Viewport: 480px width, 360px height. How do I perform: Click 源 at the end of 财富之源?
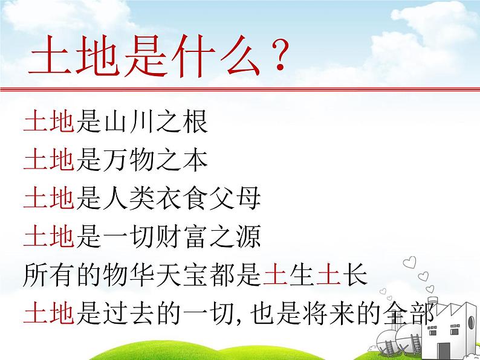coord(250,238)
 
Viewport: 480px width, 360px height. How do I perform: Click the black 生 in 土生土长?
coord(303,276)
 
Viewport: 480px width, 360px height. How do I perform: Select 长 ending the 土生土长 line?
coord(357,276)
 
